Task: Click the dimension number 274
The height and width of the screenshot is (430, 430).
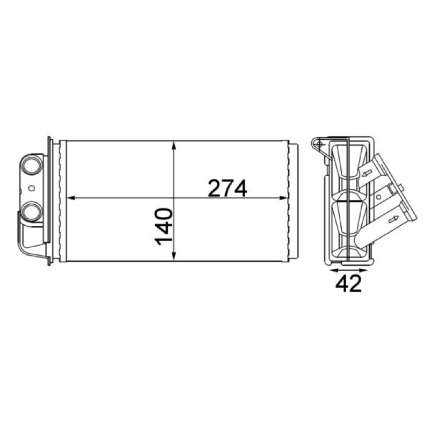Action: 227,189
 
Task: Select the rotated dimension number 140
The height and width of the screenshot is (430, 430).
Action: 164,226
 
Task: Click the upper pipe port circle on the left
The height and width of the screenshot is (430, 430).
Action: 32,164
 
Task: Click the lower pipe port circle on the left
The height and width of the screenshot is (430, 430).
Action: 32,212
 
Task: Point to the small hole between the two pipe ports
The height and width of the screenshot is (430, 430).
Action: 32,188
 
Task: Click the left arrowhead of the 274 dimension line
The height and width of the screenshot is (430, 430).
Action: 71,198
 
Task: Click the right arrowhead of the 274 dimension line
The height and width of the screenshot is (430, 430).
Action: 283,198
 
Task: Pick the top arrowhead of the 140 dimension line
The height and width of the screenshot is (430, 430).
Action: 174,146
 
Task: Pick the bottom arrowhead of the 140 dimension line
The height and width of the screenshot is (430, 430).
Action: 174,256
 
